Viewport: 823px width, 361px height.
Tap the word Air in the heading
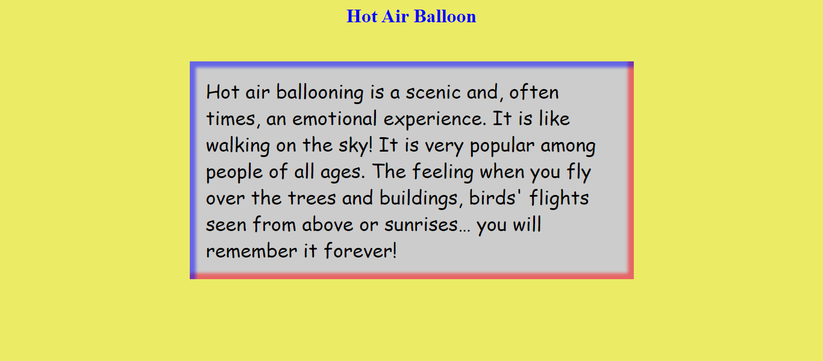pos(395,16)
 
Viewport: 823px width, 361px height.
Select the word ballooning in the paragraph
pos(320,93)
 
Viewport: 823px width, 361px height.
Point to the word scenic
pos(433,92)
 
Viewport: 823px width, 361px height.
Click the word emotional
pos(335,119)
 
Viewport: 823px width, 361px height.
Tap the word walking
pos(238,146)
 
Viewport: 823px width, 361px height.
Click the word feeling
pos(443,172)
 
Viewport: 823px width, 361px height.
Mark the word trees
pos(312,198)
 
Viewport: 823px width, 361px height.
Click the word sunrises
pos(427,224)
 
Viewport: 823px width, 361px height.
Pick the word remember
pos(252,251)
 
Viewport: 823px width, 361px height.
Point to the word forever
pos(360,251)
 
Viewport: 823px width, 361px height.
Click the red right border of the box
pos(630,171)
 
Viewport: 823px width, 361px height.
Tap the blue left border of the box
pos(193,171)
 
